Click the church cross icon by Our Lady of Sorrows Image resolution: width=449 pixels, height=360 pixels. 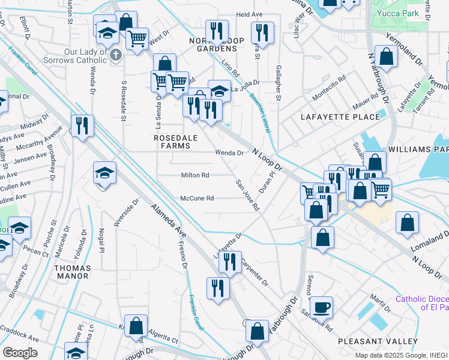click(117, 55)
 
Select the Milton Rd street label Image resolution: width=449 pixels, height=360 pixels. click(195, 175)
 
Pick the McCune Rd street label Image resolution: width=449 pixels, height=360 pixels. click(197, 199)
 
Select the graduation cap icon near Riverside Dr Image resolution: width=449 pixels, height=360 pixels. click(104, 173)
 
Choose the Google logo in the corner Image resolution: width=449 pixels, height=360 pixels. click(19, 353)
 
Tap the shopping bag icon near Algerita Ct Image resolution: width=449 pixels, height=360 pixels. click(136, 326)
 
